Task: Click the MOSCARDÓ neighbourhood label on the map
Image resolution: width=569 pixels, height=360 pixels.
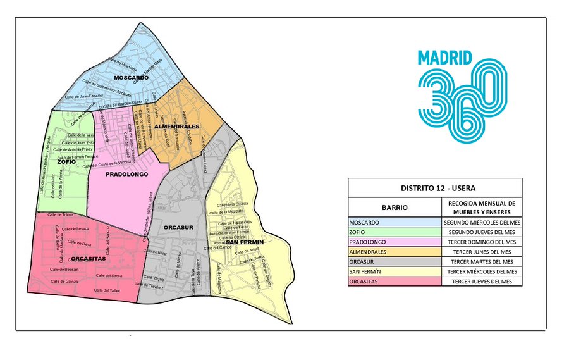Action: [x=131, y=77]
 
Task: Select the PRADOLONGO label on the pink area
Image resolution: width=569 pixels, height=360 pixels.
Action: [x=126, y=173]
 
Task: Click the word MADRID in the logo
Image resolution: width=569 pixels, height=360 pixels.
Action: [x=445, y=58]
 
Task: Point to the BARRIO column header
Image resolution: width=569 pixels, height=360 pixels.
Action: [x=395, y=207]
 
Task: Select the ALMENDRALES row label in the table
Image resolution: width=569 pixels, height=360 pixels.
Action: [x=367, y=252]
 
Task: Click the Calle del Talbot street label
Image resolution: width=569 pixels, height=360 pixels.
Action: [x=107, y=290]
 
